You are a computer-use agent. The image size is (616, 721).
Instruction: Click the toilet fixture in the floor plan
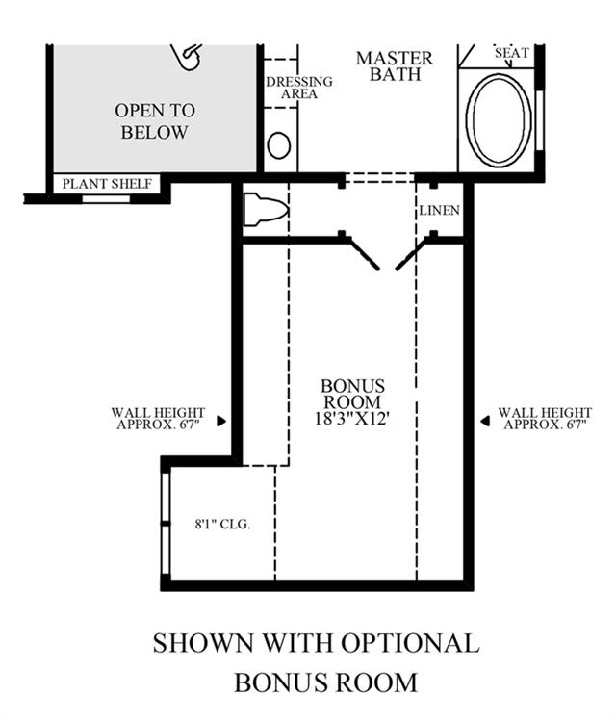(266, 210)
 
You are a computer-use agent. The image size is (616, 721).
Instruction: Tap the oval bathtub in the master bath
(498, 118)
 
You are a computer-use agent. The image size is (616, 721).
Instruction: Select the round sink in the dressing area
(278, 145)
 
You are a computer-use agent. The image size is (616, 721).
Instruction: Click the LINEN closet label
(439, 210)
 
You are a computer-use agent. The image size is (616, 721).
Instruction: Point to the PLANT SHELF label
(107, 184)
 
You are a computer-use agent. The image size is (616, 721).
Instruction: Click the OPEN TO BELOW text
(155, 121)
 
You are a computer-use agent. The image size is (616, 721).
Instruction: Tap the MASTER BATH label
(395, 65)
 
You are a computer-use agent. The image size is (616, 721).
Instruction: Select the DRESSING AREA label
(299, 88)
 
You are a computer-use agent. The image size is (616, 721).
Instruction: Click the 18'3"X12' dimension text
(352, 418)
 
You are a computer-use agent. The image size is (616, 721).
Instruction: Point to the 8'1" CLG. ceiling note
(223, 524)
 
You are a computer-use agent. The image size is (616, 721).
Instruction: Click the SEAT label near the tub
(512, 53)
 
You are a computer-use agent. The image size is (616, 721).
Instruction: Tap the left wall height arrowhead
(221, 421)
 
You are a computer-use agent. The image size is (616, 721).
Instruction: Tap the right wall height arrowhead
(485, 421)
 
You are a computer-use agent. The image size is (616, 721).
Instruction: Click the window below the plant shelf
(106, 199)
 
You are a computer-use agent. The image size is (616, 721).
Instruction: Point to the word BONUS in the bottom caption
(272, 682)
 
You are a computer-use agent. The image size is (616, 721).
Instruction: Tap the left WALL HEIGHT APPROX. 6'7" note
(158, 419)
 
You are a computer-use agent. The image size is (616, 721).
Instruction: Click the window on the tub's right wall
(539, 120)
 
